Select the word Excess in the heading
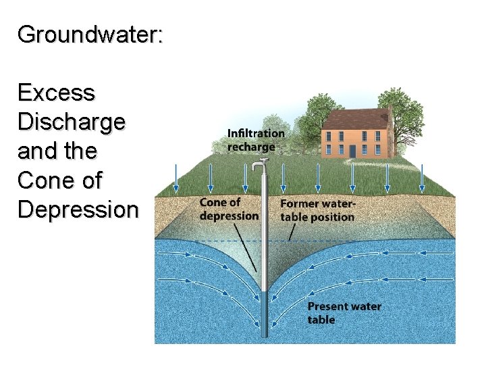(x=57, y=93)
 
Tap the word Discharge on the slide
(x=72, y=122)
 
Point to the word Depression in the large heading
(x=78, y=210)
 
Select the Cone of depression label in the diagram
(x=229, y=209)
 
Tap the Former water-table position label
(x=317, y=210)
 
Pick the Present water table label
(x=344, y=312)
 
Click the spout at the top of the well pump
(x=255, y=167)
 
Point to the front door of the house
(x=352, y=150)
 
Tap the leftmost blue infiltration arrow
(x=175, y=177)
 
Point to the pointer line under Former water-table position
(x=292, y=232)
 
